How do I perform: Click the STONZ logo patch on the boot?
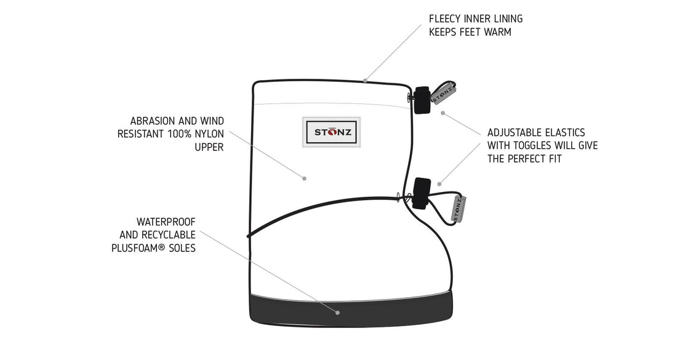click(333, 132)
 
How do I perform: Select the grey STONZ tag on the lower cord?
click(459, 209)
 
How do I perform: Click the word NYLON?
click(210, 134)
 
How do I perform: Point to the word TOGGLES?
click(534, 146)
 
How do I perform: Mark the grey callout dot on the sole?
click(338, 312)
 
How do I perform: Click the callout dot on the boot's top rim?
click(366, 80)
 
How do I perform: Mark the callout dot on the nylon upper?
click(304, 178)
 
